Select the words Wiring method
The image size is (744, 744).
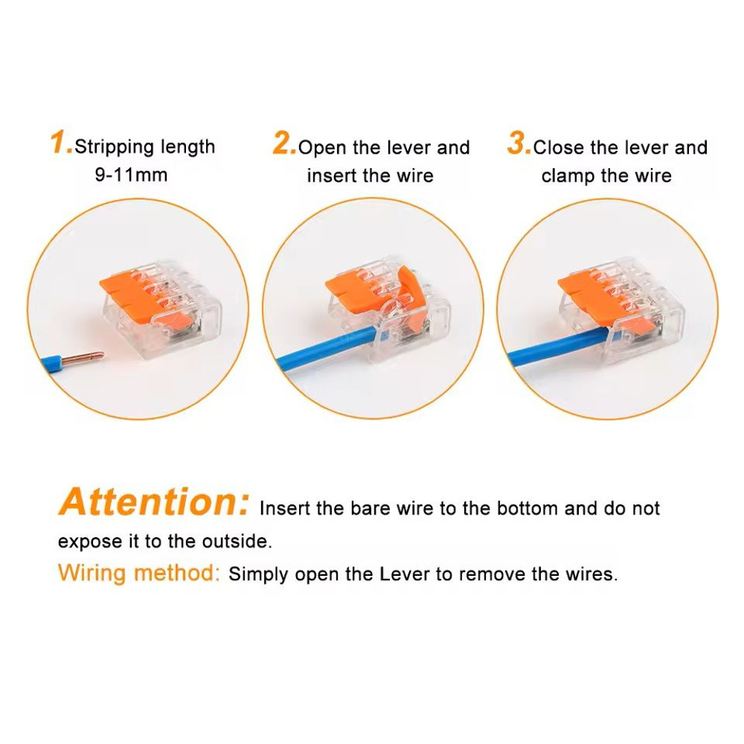pos(139,574)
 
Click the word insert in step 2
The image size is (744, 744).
pos(333,176)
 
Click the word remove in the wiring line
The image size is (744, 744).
pos(518,574)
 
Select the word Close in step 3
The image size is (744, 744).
pos(559,148)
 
